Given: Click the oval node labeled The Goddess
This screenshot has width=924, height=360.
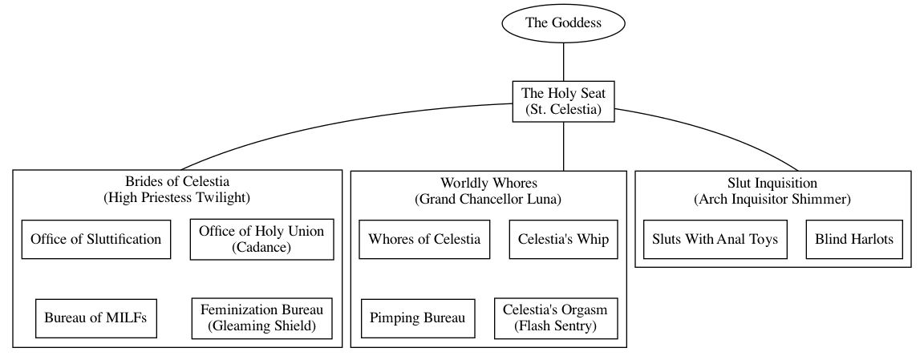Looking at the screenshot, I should tap(563, 22).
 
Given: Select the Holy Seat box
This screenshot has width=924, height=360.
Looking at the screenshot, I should tap(563, 101).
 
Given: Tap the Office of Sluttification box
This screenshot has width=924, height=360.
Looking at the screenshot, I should tap(96, 239).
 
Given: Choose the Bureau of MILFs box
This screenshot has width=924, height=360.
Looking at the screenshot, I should tap(95, 318).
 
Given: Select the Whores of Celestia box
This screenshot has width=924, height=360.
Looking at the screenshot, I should tap(424, 239).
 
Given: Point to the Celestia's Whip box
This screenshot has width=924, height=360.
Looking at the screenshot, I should tap(563, 239).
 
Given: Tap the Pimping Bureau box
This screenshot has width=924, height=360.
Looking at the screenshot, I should tap(418, 318).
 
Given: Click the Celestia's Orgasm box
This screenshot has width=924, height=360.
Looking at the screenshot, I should tap(555, 318).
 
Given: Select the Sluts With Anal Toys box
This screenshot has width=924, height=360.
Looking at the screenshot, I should tap(715, 239).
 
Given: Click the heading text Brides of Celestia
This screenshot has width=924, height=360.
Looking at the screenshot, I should tap(177, 181).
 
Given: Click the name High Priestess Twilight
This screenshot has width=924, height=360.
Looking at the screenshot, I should tap(177, 197).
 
